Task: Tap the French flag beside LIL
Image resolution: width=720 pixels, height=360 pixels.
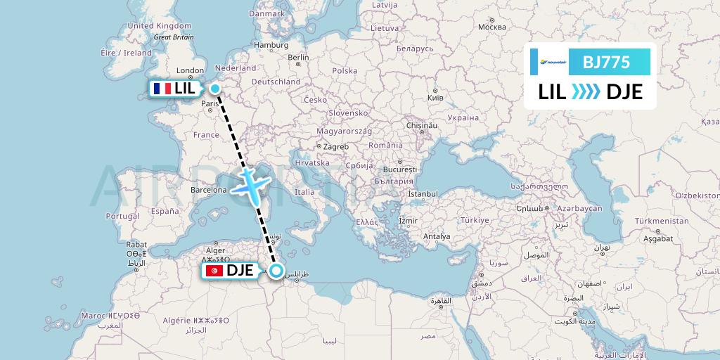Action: [x=162, y=89]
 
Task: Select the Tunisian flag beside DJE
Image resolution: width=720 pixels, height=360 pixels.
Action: [x=214, y=271]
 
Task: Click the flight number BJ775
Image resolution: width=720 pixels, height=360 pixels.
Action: [x=605, y=61]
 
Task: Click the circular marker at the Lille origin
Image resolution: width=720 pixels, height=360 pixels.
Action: [x=214, y=89]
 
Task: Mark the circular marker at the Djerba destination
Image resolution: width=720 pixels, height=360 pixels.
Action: [x=276, y=271]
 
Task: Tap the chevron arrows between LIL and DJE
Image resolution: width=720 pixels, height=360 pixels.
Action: [x=586, y=91]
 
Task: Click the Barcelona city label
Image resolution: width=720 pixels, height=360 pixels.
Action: [x=209, y=190]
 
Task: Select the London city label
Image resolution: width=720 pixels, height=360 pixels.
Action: [x=190, y=70]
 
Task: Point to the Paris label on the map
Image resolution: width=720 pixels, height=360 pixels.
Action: [x=211, y=104]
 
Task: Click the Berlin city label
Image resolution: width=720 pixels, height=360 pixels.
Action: [x=298, y=58]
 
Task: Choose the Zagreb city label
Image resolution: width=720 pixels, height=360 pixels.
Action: [x=336, y=146]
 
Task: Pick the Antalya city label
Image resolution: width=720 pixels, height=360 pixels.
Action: [x=436, y=236]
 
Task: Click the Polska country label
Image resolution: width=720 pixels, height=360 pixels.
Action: [x=345, y=70]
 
